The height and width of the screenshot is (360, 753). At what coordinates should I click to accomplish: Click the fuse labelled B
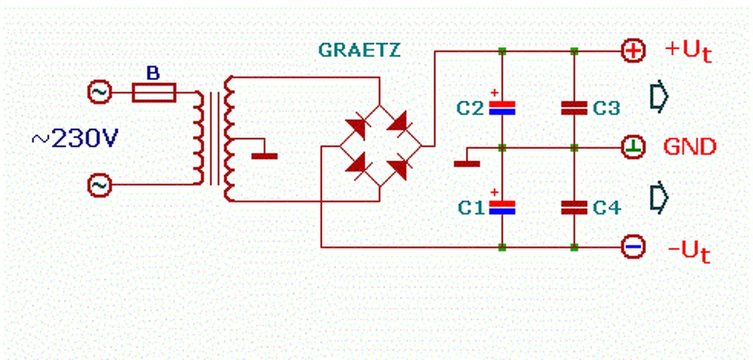pyautogui.click(x=154, y=92)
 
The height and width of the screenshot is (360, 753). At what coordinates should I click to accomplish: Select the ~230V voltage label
pyautogui.click(x=75, y=139)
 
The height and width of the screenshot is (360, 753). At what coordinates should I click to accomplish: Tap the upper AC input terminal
pyautogui.click(x=99, y=92)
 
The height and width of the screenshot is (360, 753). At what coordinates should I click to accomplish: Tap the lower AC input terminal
pyautogui.click(x=99, y=186)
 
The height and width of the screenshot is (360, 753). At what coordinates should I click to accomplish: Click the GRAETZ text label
pyautogui.click(x=359, y=51)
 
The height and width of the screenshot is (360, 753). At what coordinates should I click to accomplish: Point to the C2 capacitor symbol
pyautogui.click(x=502, y=107)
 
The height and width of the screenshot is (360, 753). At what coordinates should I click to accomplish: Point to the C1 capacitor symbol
pyautogui.click(x=502, y=206)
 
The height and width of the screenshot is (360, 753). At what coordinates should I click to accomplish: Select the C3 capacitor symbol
pyautogui.click(x=574, y=107)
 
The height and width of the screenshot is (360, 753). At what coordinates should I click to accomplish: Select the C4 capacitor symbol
pyautogui.click(x=574, y=206)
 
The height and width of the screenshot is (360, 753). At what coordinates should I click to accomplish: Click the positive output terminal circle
pyautogui.click(x=634, y=51)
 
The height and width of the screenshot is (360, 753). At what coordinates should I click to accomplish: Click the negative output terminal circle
pyautogui.click(x=634, y=247)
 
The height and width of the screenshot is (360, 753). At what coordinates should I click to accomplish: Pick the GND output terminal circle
pyautogui.click(x=634, y=147)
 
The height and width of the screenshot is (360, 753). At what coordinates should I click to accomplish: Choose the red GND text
pyautogui.click(x=690, y=146)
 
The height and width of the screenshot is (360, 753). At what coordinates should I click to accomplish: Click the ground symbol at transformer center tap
pyautogui.click(x=264, y=155)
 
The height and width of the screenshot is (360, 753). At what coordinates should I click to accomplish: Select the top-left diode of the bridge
pyautogui.click(x=358, y=127)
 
